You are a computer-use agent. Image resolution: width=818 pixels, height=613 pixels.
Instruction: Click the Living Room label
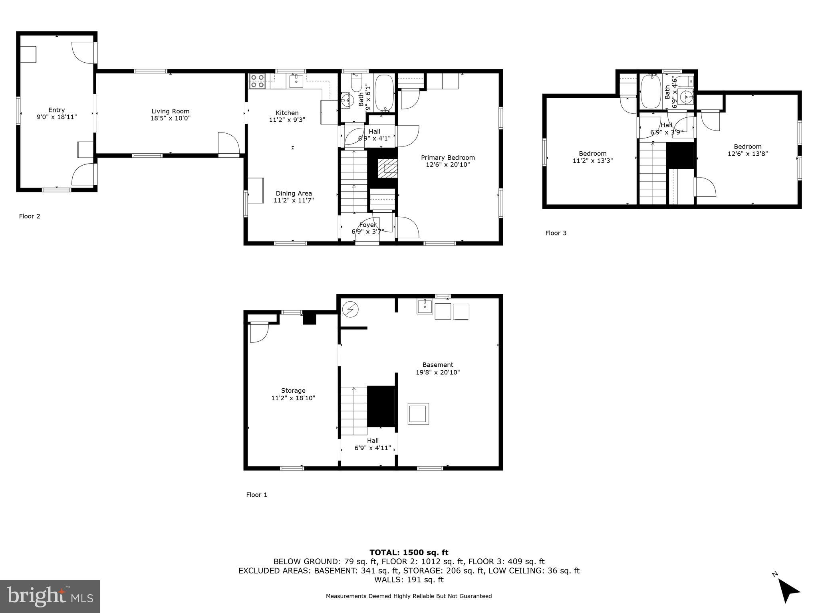click(x=170, y=111)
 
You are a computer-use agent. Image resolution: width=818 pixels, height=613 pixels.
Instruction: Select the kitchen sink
click(x=296, y=81)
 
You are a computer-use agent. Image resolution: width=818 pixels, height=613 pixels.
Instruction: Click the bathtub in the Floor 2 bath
click(x=384, y=93)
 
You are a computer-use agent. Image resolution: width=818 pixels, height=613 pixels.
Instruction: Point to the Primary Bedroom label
click(x=448, y=158)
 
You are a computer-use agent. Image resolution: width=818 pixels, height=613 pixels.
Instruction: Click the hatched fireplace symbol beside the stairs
click(x=388, y=168)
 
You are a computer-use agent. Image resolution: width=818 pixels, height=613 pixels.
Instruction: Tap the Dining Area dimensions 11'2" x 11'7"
click(x=294, y=201)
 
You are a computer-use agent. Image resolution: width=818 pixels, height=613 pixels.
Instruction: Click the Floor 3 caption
click(x=556, y=233)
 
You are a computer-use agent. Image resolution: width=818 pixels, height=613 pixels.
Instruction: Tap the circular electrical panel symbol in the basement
click(x=351, y=309)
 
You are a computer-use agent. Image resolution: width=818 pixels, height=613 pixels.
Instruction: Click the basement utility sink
click(x=425, y=306)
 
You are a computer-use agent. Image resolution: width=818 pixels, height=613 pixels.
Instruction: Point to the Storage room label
click(x=293, y=391)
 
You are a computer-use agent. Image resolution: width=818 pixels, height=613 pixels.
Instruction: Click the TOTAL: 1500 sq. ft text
click(x=409, y=552)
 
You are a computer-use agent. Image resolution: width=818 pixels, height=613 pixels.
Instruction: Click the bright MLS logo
click(x=50, y=596)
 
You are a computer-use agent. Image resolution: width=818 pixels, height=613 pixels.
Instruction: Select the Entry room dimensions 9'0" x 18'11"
click(x=56, y=117)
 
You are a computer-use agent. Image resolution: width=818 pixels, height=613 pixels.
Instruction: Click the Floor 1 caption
click(x=256, y=495)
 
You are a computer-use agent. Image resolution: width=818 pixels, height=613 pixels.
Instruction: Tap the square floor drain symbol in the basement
click(x=418, y=414)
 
